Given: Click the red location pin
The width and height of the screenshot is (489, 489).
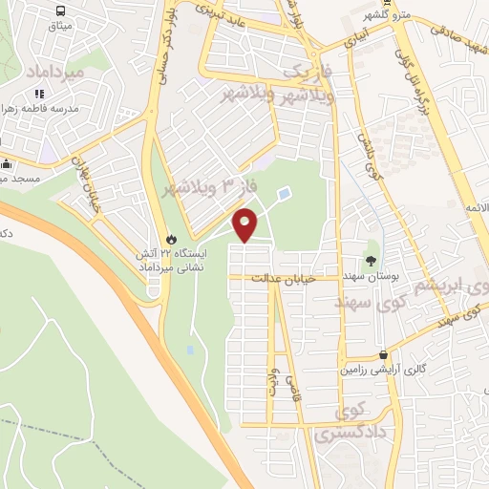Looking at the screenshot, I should pos(245,224).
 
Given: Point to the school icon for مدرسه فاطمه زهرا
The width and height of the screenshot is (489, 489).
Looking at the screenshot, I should pos(39,94).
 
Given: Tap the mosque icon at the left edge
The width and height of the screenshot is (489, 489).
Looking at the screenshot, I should pos(5,163).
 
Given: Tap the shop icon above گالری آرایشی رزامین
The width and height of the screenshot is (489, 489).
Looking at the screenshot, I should pos(382,353).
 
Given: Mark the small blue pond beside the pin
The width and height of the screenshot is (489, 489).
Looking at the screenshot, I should pos(284,194).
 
